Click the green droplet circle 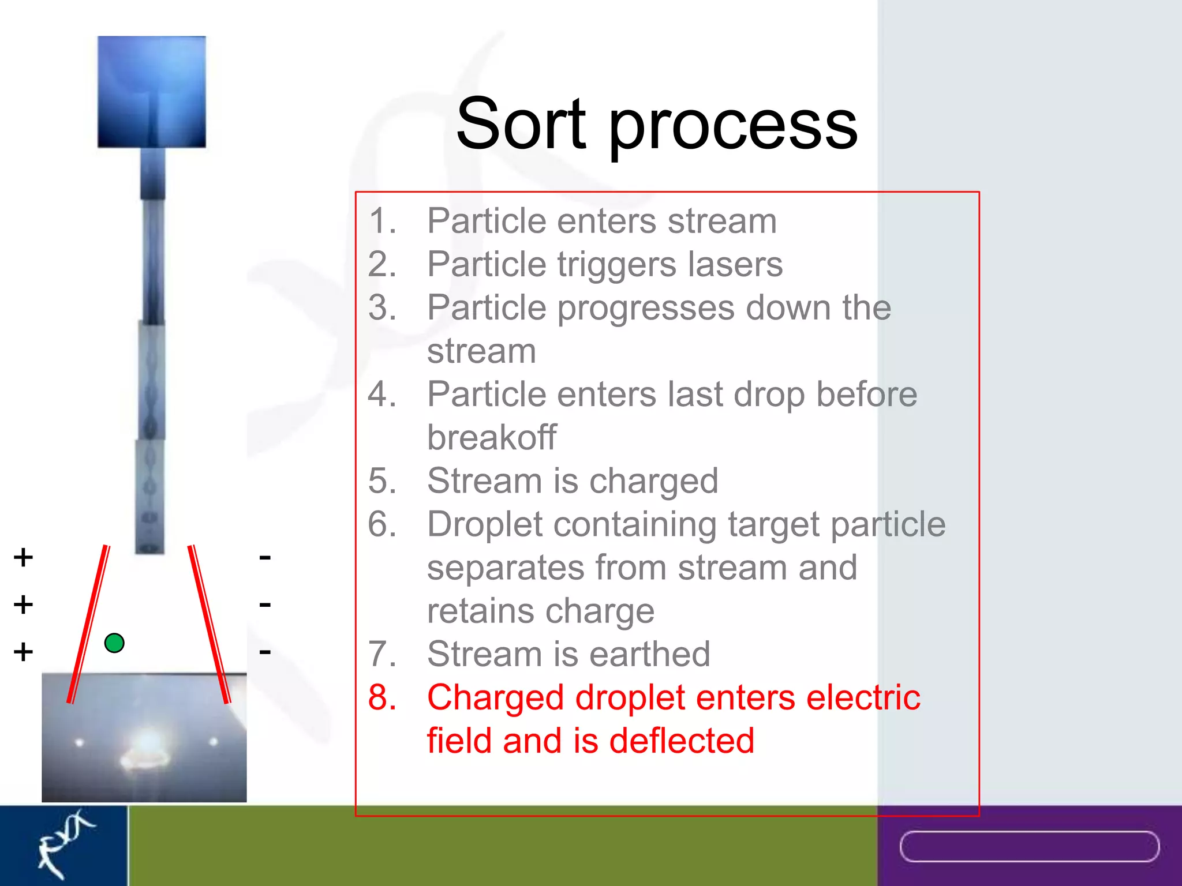pos(114,643)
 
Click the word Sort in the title pos(521,123)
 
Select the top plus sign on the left pos(23,557)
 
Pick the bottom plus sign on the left pos(23,652)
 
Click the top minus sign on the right pos(265,557)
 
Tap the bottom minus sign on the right pos(265,652)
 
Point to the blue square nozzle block pos(152,91)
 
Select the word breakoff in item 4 pos(492,437)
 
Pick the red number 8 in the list pos(381,697)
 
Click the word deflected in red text pos(681,741)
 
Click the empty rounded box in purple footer pos(1029,846)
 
